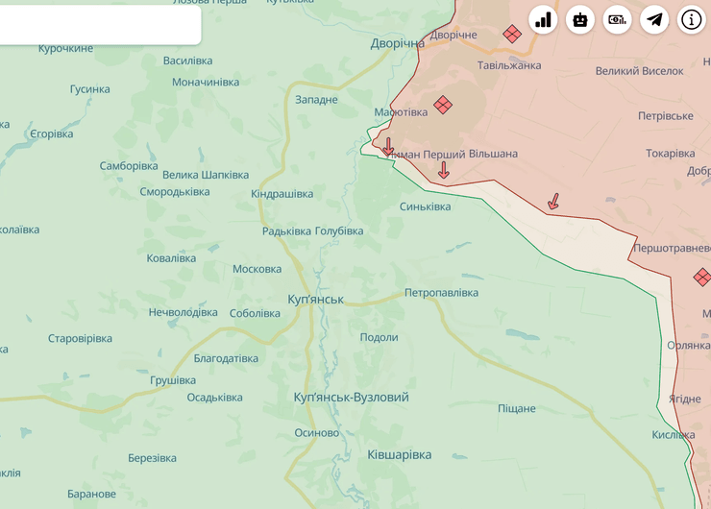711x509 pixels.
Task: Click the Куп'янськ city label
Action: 315,300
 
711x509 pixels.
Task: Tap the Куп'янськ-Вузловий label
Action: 351,398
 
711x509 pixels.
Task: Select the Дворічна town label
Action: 398,44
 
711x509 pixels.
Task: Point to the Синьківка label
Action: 425,206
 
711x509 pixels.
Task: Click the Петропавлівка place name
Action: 441,293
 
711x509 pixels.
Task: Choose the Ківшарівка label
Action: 399,455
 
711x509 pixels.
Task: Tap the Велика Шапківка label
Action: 206,175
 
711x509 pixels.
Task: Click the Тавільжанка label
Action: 509,65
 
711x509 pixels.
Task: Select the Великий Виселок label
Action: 639,71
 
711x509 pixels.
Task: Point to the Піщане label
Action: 516,409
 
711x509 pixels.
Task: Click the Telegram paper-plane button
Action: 654,19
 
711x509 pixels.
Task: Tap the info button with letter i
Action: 692,19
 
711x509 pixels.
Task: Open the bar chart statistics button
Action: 543,19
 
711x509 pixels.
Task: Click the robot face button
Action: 580,19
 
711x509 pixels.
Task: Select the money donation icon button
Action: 617,19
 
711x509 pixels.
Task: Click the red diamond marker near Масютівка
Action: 442,105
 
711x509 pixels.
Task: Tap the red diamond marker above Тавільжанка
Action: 512,35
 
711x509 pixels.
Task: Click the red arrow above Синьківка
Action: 443,170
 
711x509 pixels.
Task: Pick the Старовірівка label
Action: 80,339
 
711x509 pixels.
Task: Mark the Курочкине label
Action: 65,48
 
